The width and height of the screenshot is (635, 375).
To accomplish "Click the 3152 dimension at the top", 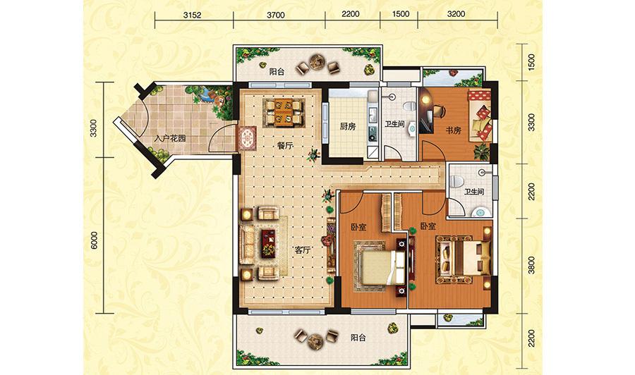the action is click(192, 15).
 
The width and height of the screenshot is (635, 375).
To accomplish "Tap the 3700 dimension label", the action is click(275, 15).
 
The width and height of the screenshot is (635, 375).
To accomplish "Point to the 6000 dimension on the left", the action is click(94, 240).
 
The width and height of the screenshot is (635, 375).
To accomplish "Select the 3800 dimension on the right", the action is click(531, 265).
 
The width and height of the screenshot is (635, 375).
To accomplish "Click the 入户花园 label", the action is click(170, 138).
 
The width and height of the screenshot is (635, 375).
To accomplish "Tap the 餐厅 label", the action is click(285, 146).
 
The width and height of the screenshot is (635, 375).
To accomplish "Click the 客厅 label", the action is click(302, 250).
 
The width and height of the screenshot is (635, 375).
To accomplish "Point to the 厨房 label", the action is click(347, 126).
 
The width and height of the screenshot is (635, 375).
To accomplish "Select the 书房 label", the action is click(453, 130).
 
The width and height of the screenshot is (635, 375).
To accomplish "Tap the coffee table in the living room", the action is click(268, 242).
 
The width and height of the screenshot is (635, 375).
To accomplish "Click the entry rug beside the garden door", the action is click(247, 139).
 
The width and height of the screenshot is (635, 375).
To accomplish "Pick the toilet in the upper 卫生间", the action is click(409, 106).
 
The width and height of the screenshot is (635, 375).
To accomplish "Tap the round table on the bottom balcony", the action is click(315, 341).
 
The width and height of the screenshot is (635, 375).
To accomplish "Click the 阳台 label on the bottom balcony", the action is click(358, 338).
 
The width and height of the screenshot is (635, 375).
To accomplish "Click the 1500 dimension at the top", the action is click(401, 14).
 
